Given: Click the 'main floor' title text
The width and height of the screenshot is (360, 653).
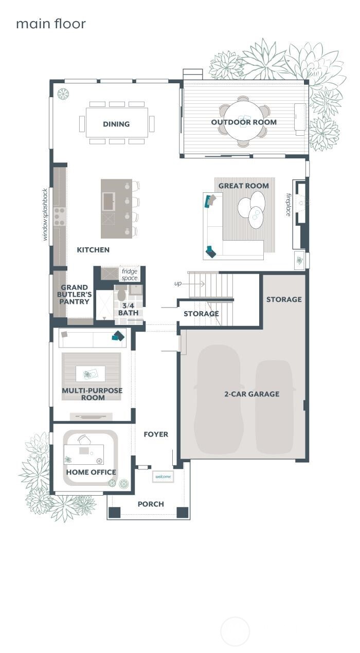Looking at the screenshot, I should (50, 24).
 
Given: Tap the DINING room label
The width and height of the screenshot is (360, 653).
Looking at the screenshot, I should (116, 124).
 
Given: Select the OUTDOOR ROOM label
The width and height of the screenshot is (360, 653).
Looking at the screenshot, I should (244, 122).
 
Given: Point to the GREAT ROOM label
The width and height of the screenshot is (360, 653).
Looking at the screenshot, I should (243, 186).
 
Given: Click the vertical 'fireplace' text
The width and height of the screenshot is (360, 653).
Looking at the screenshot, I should (289, 204).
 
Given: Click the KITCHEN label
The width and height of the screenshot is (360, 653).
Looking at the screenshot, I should (93, 250).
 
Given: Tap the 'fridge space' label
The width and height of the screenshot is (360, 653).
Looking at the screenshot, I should (130, 275).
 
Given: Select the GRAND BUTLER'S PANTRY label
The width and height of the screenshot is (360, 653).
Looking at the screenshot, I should (76, 295).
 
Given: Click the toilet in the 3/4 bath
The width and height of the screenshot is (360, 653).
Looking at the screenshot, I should (121, 295).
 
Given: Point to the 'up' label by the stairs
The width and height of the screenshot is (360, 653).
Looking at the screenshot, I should (178, 283).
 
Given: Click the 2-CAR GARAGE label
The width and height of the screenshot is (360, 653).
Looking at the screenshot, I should (251, 394).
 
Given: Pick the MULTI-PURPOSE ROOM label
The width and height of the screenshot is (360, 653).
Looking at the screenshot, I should (92, 394).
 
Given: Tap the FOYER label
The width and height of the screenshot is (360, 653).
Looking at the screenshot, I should (156, 434).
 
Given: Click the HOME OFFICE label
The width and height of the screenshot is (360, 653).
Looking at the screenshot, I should (91, 472).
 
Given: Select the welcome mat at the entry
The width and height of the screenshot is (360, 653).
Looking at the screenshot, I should (163, 477).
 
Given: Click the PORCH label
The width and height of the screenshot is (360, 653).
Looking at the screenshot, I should (151, 504).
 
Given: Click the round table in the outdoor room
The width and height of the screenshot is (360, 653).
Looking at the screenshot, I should (244, 123).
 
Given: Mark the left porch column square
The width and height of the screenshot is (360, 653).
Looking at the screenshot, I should (114, 512).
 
